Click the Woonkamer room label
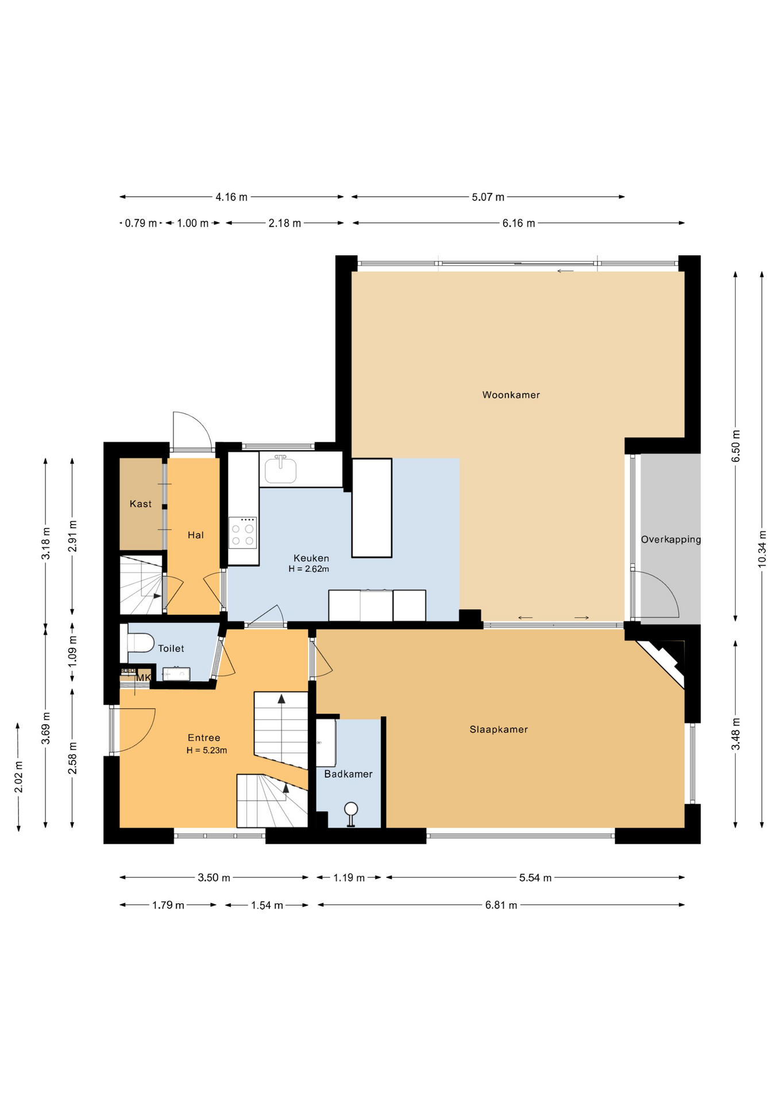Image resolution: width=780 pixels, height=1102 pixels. [x=511, y=395]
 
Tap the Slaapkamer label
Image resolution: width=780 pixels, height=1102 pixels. [x=499, y=730]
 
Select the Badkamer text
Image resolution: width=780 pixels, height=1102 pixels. [x=348, y=774]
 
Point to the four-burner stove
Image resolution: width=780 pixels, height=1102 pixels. [x=242, y=533]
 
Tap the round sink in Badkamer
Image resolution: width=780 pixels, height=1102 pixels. [x=351, y=810]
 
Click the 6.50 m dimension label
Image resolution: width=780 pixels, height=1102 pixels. [x=736, y=445]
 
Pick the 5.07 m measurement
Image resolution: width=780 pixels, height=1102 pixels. [x=488, y=197]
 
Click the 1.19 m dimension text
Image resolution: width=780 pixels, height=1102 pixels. [x=349, y=878]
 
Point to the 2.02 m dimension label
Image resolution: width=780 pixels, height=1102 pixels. [x=19, y=777]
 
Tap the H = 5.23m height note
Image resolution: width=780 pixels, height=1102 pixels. [x=207, y=750]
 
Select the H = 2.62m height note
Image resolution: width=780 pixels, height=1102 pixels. [x=309, y=569]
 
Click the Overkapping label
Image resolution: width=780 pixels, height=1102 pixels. [x=671, y=540]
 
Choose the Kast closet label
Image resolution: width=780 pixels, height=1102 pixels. [x=141, y=504]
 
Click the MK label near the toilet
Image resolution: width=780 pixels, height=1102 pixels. [x=143, y=678]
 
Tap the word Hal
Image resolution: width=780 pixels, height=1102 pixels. [x=196, y=535]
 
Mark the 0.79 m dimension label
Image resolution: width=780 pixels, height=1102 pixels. [x=141, y=223]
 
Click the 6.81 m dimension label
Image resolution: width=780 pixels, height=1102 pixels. [x=501, y=905]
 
